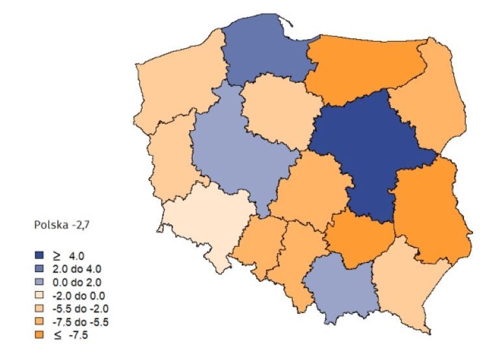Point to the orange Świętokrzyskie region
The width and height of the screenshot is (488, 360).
(358, 238)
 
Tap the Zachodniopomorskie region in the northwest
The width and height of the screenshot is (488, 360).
(176, 85)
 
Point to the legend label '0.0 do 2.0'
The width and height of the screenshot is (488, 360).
(79, 281)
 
